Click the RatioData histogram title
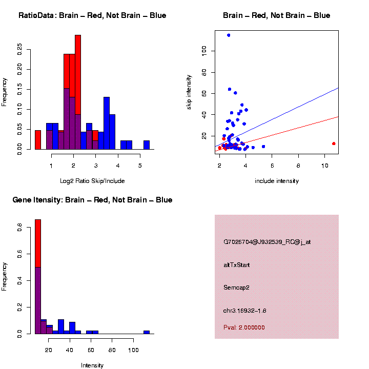pyautogui.click(x=92, y=15)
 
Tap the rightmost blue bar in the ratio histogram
pyautogui.click(x=147, y=145)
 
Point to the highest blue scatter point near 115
pyautogui.click(x=229, y=35)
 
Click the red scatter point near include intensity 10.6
pyautogui.click(x=334, y=143)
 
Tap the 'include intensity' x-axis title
pyautogui.click(x=277, y=181)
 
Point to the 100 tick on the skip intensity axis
pyautogui.click(x=204, y=50)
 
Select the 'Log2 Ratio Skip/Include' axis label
pyautogui.click(x=92, y=181)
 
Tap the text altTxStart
pyautogui.click(x=237, y=265)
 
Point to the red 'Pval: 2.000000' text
pyautogui.click(x=244, y=327)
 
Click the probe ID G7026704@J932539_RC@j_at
pyautogui.click(x=267, y=242)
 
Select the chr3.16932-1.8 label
pyautogui.click(x=245, y=311)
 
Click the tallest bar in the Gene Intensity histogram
pyautogui.click(x=38, y=277)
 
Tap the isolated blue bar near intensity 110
pyautogui.click(x=147, y=332)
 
